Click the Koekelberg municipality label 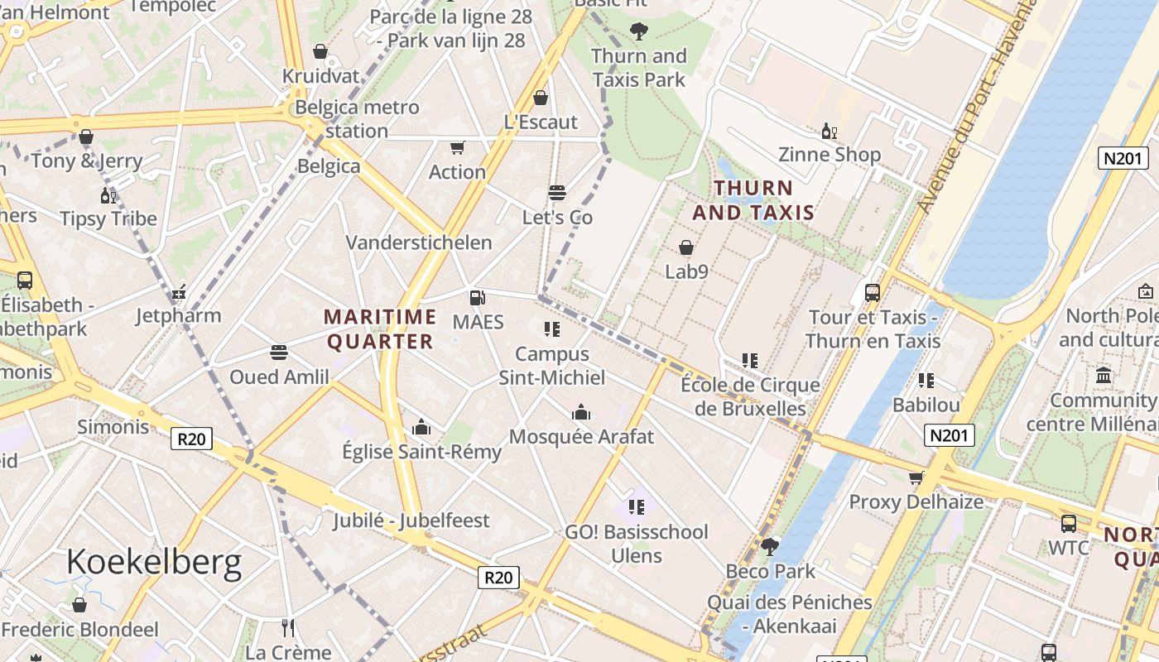click(x=154, y=562)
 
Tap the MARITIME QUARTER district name click(x=380, y=329)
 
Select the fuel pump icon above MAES click(x=477, y=298)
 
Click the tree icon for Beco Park click(x=769, y=546)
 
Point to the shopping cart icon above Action click(x=457, y=147)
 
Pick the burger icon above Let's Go click(x=557, y=193)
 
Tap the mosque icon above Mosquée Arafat click(x=581, y=412)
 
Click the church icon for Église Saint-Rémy click(x=421, y=427)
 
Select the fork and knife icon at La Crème click(x=288, y=628)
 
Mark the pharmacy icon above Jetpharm click(x=179, y=292)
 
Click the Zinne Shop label click(x=830, y=155)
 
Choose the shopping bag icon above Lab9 click(x=686, y=247)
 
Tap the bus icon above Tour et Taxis click(x=873, y=292)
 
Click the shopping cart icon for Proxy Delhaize click(x=916, y=477)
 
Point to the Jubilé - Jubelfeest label click(x=411, y=520)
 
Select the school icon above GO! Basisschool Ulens click(x=636, y=506)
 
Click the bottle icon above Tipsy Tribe click(x=108, y=195)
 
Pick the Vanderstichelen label click(x=419, y=242)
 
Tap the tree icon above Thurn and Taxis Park click(x=638, y=32)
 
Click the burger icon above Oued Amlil click(x=279, y=353)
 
